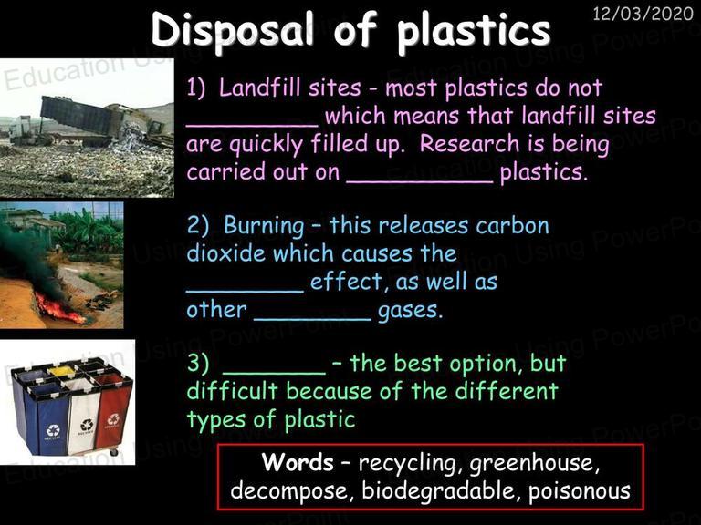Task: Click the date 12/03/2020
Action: (643, 14)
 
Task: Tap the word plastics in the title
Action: (474, 31)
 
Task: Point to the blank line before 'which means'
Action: (252, 126)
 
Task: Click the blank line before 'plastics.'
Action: (420, 181)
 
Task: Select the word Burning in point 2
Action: (264, 226)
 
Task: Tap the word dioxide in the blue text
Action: (226, 253)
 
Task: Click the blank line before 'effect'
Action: (245, 292)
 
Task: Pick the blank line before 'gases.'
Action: (312, 320)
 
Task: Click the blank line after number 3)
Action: (274, 374)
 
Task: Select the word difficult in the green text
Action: (233, 391)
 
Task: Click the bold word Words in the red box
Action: (298, 462)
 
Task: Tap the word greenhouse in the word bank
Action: (534, 464)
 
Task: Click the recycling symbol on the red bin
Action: (113, 419)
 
